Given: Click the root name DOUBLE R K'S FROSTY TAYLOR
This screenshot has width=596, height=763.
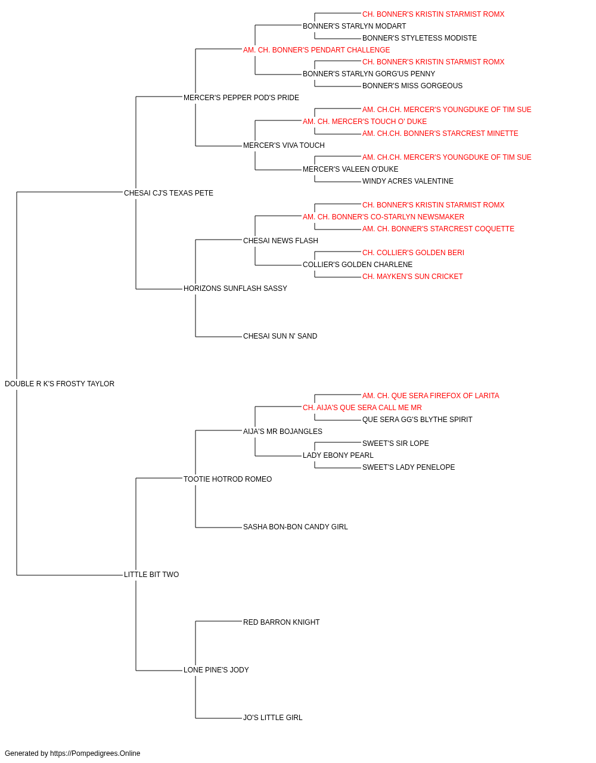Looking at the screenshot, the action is click(x=60, y=384).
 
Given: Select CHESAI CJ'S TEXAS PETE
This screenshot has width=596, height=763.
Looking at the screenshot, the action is click(x=169, y=193).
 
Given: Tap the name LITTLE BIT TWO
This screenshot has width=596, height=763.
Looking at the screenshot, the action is click(x=151, y=575).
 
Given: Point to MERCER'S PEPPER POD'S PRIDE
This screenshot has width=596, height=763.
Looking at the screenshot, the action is click(x=241, y=98).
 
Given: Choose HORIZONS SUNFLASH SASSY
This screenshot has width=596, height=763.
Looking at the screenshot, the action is click(x=235, y=289).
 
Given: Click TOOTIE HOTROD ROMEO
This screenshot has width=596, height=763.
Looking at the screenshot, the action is click(x=228, y=479).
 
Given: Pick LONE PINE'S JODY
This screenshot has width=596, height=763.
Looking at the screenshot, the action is click(x=216, y=669).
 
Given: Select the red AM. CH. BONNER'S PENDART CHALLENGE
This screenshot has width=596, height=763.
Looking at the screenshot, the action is click(x=316, y=50).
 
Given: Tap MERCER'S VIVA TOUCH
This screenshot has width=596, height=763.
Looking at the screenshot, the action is click(x=284, y=145).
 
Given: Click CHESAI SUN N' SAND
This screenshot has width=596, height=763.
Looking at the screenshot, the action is click(x=280, y=336).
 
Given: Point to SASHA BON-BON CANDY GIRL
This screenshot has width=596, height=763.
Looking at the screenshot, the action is click(x=295, y=527).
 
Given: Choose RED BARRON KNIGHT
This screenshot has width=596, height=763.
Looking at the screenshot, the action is click(x=281, y=622).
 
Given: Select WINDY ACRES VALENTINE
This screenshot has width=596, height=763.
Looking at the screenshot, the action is click(x=408, y=181).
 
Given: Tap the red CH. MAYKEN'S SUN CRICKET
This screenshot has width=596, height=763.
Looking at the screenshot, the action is click(x=412, y=277).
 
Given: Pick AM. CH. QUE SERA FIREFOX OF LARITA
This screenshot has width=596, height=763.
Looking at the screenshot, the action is click(x=431, y=396).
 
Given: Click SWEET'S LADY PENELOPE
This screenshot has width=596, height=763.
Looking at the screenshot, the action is click(x=409, y=467).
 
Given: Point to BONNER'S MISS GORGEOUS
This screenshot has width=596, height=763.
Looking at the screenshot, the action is click(x=412, y=86).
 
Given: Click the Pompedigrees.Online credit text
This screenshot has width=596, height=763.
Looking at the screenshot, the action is click(x=72, y=753).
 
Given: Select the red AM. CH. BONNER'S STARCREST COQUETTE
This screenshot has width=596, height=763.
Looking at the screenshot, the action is click(x=439, y=229).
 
